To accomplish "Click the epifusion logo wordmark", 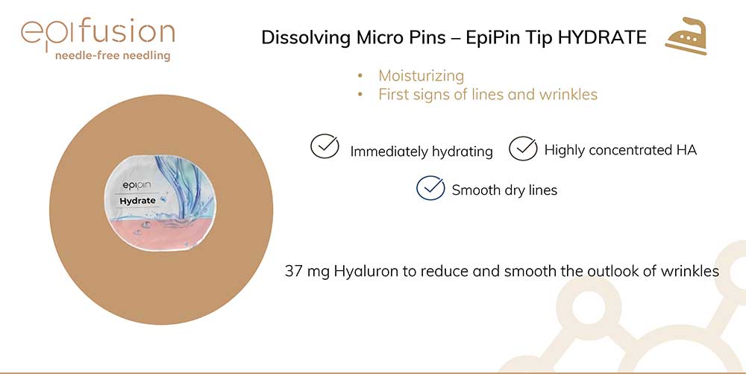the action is point(98,33).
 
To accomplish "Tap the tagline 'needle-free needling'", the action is point(113,56).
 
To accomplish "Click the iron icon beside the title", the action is point(686,36).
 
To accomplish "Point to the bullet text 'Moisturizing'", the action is point(421,75).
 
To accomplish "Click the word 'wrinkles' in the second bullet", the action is point(568,94).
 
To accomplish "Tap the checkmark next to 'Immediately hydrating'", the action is point(325,146).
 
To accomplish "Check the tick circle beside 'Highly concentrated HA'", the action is point(523,148).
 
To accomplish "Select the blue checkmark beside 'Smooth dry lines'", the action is point(430,187).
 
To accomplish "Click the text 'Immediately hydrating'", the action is point(421,152).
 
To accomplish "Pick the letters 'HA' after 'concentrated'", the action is point(686,150).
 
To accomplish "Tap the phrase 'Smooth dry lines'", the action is point(504,190).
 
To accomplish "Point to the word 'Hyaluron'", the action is point(365,272).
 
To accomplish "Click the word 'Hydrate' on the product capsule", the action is point(137,201).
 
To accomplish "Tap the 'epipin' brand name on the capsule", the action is point(137,186).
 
